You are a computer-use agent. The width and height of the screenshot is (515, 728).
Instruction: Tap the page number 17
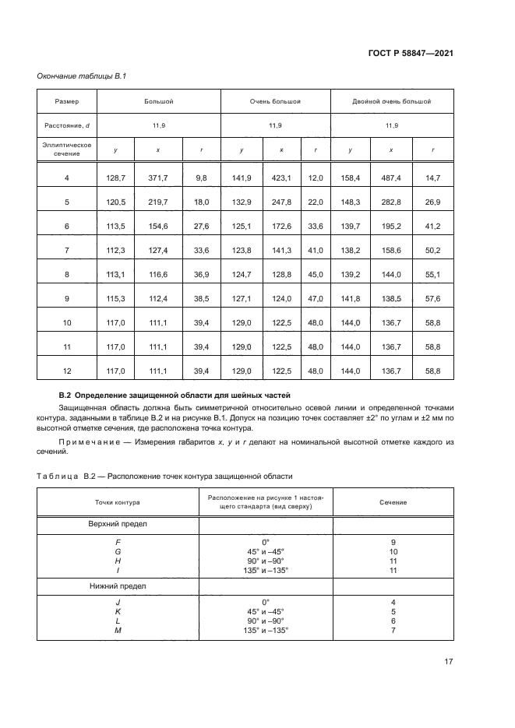[x=449, y=662]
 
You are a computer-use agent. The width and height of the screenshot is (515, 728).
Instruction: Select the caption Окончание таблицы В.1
[x=76, y=76]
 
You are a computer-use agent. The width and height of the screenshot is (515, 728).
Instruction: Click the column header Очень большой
[x=275, y=102]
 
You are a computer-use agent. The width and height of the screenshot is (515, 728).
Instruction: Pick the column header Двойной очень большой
[x=391, y=102]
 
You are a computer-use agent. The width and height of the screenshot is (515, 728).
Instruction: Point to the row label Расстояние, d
[x=66, y=125]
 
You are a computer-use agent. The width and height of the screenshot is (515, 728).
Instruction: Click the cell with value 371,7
[x=158, y=178]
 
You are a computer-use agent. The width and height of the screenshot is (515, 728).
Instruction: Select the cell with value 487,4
[x=390, y=178]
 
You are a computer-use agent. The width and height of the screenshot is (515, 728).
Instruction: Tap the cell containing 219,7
[x=158, y=202]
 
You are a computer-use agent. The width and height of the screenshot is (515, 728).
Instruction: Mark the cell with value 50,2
[x=432, y=250]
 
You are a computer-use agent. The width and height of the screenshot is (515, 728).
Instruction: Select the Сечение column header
[x=393, y=502]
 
